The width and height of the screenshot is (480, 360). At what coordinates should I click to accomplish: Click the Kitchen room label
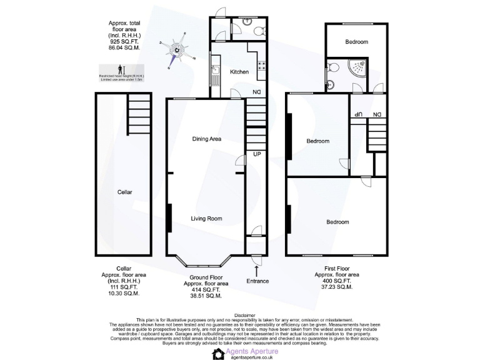tap(239, 72)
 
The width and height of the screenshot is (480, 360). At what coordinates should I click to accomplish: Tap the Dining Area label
tap(207, 139)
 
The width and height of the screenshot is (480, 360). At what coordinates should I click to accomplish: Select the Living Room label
tap(207, 219)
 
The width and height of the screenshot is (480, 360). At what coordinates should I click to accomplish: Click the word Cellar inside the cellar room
tap(125, 192)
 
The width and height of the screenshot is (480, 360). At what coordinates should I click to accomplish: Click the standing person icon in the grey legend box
tap(121, 69)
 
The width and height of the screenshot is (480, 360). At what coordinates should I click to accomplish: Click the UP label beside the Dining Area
tap(256, 153)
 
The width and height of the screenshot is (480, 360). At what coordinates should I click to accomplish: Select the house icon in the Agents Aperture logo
tap(218, 354)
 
